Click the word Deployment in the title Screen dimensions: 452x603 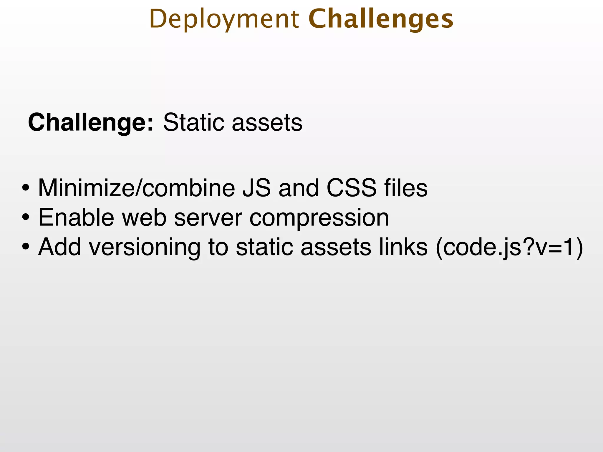pos(224,19)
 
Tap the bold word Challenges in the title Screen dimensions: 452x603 pos(381,19)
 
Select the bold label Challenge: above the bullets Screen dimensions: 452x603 pos(91,122)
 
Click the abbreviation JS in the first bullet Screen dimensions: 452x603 pos(256,188)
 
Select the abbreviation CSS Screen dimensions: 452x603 pos(351,188)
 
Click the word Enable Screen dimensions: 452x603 pos(76,218)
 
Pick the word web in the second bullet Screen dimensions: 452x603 pos(144,218)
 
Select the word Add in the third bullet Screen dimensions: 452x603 pos(59,247)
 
